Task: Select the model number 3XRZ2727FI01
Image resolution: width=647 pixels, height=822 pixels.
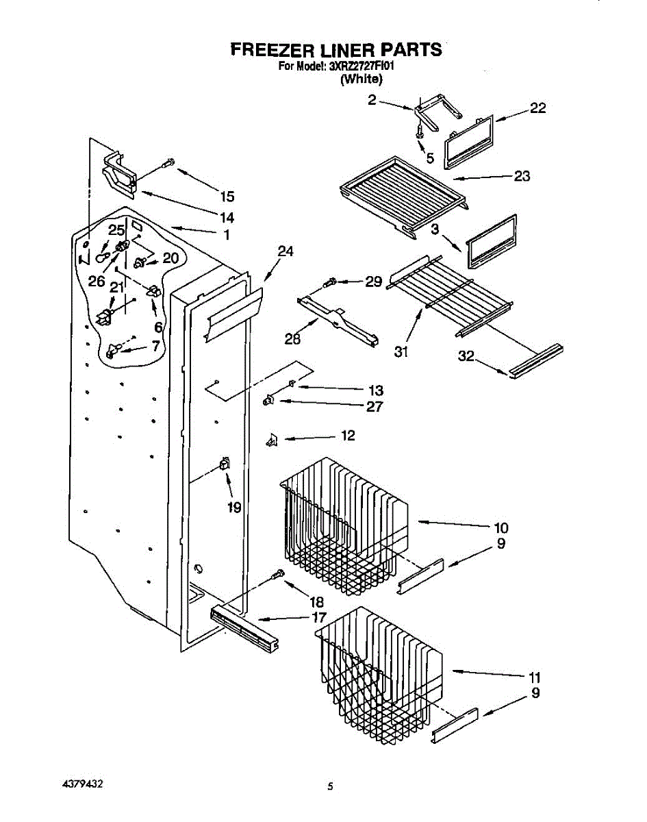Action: (x=361, y=66)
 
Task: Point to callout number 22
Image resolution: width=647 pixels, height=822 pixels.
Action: (x=538, y=108)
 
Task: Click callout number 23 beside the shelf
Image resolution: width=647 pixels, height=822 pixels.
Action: (x=522, y=176)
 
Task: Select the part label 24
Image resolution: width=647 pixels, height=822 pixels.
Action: (x=286, y=251)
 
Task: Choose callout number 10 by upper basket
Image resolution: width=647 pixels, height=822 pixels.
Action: (x=501, y=527)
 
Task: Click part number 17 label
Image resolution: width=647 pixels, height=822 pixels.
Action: (x=319, y=617)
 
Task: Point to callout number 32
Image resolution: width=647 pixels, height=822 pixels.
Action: (x=466, y=357)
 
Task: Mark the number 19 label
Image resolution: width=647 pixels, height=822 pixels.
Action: (x=234, y=508)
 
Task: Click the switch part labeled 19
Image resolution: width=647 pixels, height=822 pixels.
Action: (x=223, y=465)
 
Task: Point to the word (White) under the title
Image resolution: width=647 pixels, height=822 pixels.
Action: (x=361, y=79)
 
